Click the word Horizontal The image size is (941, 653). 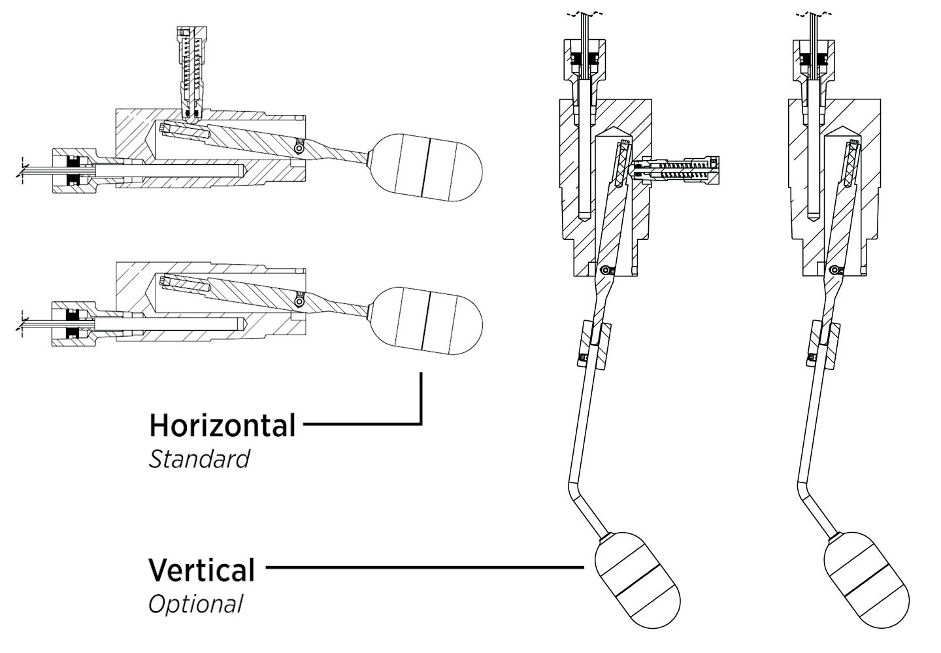point(222,426)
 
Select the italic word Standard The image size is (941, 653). point(199,459)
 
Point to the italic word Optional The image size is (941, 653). point(195,603)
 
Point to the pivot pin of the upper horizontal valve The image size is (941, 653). point(299,149)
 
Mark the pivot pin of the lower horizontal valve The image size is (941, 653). point(299,300)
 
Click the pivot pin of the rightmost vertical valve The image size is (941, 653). point(834,269)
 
